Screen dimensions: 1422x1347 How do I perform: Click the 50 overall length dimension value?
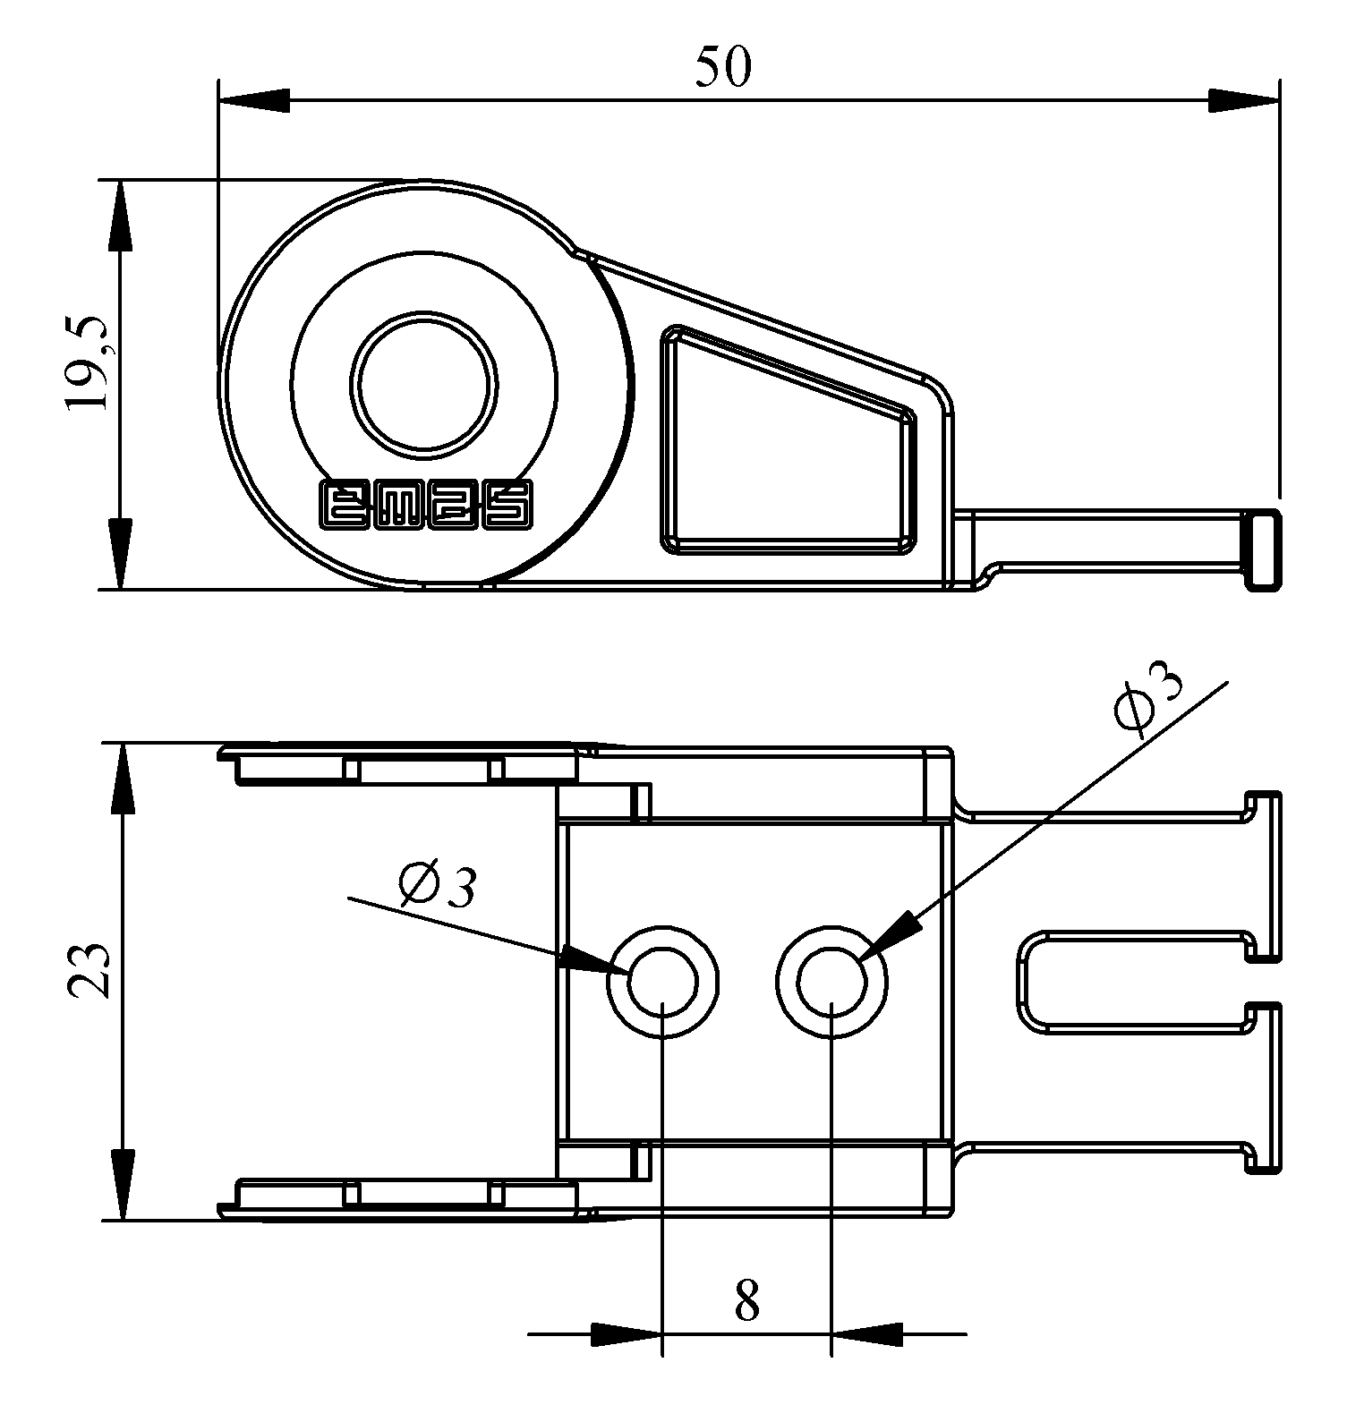point(723,67)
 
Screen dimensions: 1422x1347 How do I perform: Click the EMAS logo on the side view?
point(427,506)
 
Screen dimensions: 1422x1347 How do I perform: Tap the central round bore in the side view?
point(423,383)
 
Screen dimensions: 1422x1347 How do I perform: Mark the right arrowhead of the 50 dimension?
point(1243,100)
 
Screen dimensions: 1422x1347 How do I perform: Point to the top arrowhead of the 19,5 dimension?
point(119,215)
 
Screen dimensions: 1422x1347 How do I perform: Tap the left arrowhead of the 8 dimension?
point(627,1334)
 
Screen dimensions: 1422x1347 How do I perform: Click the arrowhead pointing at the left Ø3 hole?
point(591,961)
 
